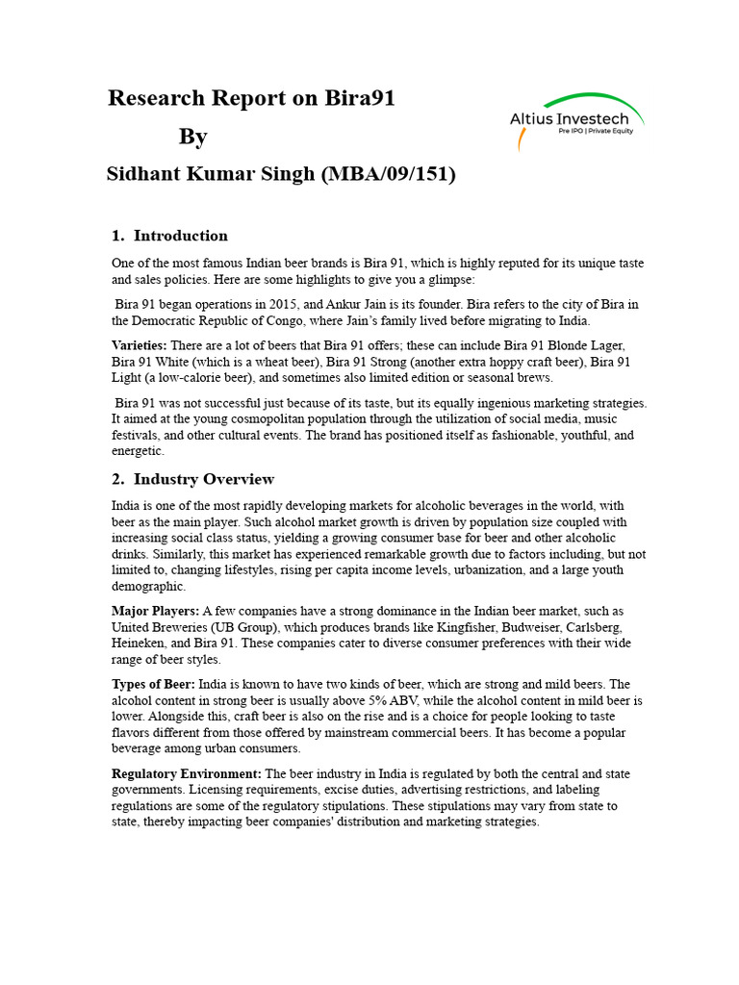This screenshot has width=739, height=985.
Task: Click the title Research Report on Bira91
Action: point(251,98)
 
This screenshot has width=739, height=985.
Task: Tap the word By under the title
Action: point(192,137)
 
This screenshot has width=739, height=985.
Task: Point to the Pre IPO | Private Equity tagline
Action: point(596,132)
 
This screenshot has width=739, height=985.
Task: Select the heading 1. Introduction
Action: point(169,236)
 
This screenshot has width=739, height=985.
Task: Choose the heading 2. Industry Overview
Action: point(192,479)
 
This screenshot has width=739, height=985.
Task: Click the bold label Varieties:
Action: point(139,345)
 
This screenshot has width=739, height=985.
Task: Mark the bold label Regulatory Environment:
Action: point(186,773)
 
